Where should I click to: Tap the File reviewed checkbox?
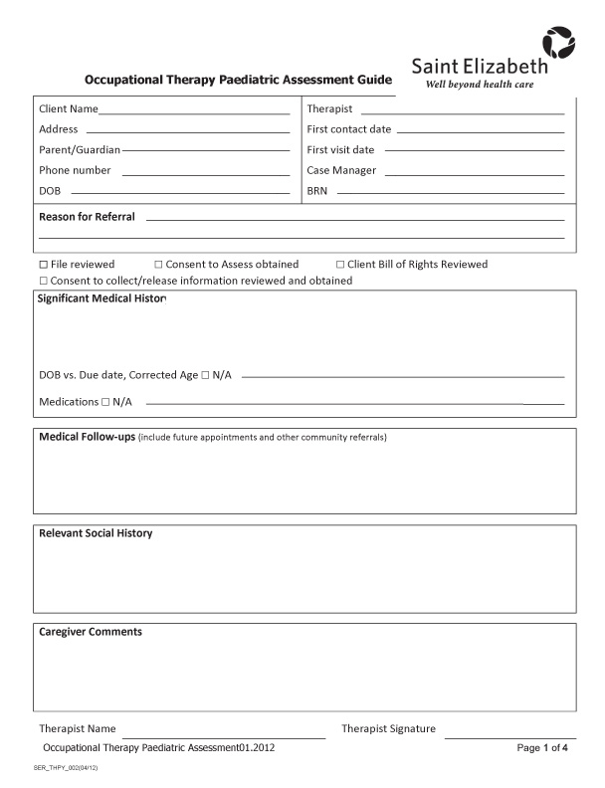click(43, 265)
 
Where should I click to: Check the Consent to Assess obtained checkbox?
click(158, 265)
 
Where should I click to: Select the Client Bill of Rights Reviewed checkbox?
click(339, 265)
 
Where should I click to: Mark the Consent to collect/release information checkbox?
click(43, 281)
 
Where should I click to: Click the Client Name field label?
click(68, 108)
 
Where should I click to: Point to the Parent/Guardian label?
click(79, 149)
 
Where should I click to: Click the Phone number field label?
click(75, 170)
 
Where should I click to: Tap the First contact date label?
click(348, 129)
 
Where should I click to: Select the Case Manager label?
click(341, 170)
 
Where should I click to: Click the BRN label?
click(317, 191)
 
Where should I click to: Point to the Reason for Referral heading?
click(87, 217)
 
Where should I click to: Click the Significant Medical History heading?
click(102, 298)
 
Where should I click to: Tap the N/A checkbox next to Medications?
click(105, 402)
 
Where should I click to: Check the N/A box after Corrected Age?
click(205, 375)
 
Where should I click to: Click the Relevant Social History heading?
click(96, 533)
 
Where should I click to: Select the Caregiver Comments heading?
click(90, 632)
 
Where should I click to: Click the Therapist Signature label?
click(388, 729)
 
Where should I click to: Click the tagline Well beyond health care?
click(480, 86)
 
